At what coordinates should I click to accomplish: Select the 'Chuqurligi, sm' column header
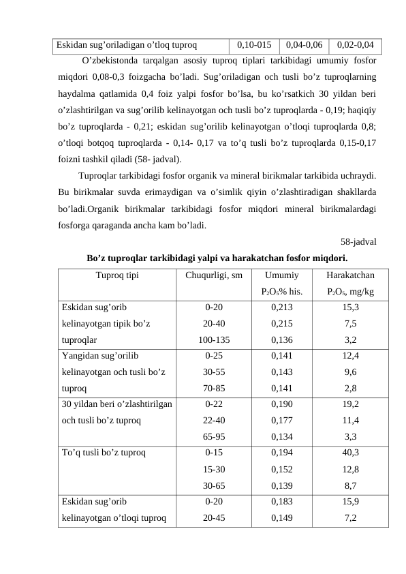tap(214, 276)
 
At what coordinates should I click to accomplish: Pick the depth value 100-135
tap(214, 339)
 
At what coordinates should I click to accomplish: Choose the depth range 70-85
tap(214, 388)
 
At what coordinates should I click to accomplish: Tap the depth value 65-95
tap(214, 437)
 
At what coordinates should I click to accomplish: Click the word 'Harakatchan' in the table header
tap(351, 276)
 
